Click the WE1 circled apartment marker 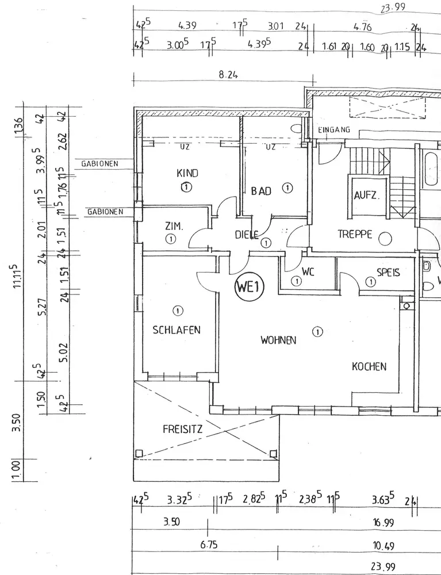[x=248, y=287]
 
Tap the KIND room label [x=187, y=173]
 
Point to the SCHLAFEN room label [x=177, y=329]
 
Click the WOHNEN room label [x=278, y=340]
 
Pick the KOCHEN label [x=369, y=366]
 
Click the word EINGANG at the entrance [x=334, y=131]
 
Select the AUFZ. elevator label [x=366, y=195]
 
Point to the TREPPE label [x=355, y=235]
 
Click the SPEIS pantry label [x=388, y=273]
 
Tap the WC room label [x=308, y=273]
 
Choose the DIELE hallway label [x=247, y=234]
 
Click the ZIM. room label [x=174, y=227]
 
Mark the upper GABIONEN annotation [x=99, y=164]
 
